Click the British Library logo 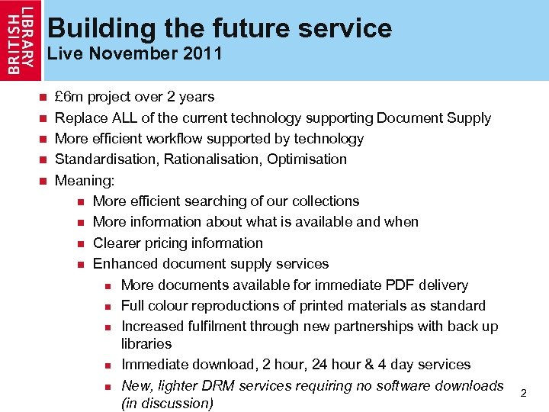click(21, 40)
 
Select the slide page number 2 click(523, 392)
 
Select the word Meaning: click(85, 181)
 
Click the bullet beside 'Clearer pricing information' click(81, 243)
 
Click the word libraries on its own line click(146, 344)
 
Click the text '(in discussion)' click(167, 403)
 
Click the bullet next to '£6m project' click(43, 98)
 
